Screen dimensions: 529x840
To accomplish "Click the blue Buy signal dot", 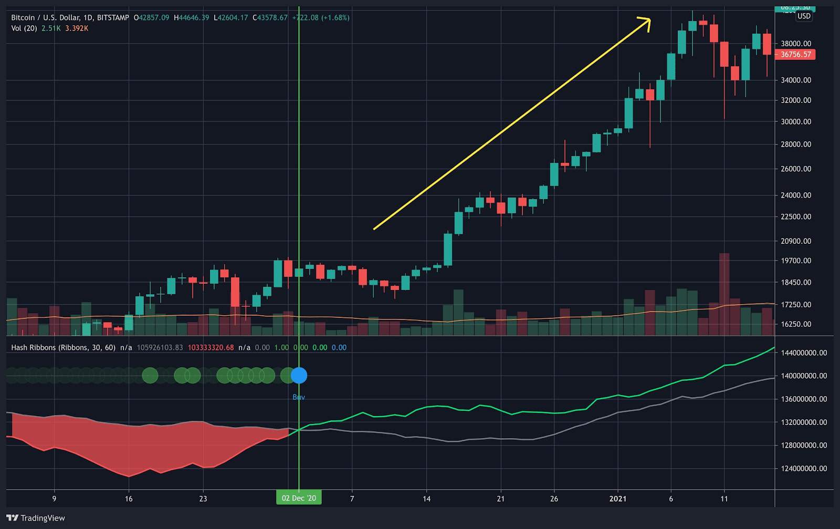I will point(299,375).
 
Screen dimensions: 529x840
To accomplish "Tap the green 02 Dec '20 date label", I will point(299,498).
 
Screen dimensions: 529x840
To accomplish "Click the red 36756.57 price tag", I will point(795,54).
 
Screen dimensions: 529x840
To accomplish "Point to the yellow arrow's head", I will point(647,22).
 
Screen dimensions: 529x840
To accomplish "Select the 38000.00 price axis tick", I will point(796,44).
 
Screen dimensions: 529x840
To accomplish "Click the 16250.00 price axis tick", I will point(796,324).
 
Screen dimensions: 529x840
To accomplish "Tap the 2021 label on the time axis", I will point(617,499).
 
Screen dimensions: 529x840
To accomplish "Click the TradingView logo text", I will point(43,518).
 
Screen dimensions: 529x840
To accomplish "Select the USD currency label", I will point(804,16).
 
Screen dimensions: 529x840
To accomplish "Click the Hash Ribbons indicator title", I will point(63,347).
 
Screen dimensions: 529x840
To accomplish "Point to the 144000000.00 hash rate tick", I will point(804,352).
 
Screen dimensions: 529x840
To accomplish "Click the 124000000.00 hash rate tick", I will point(804,468).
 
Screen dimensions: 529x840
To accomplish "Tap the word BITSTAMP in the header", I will point(113,17).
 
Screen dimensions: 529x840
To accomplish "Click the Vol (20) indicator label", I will point(24,28).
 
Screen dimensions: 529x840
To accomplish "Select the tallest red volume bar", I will point(724,294).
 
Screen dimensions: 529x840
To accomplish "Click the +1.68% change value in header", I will point(335,17).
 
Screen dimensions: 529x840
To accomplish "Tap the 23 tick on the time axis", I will point(203,499).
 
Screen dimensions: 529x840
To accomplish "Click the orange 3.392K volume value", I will point(77,28).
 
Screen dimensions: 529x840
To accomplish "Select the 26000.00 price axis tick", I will point(796,169).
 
